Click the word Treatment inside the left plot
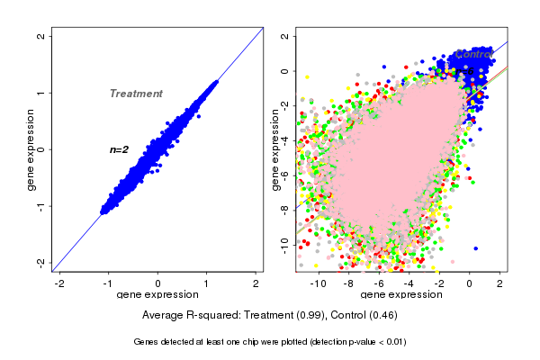coord(136,94)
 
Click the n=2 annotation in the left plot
coord(120,149)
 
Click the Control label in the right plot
coord(473,54)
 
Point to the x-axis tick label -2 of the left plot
coord(59,283)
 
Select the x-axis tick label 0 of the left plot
coord(158,283)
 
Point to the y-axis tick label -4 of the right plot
coord(284,139)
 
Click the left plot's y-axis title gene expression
coord(31,149)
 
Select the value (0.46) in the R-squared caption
coord(381,316)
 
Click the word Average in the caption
coord(165,316)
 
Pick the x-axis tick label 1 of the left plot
coord(208,283)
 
